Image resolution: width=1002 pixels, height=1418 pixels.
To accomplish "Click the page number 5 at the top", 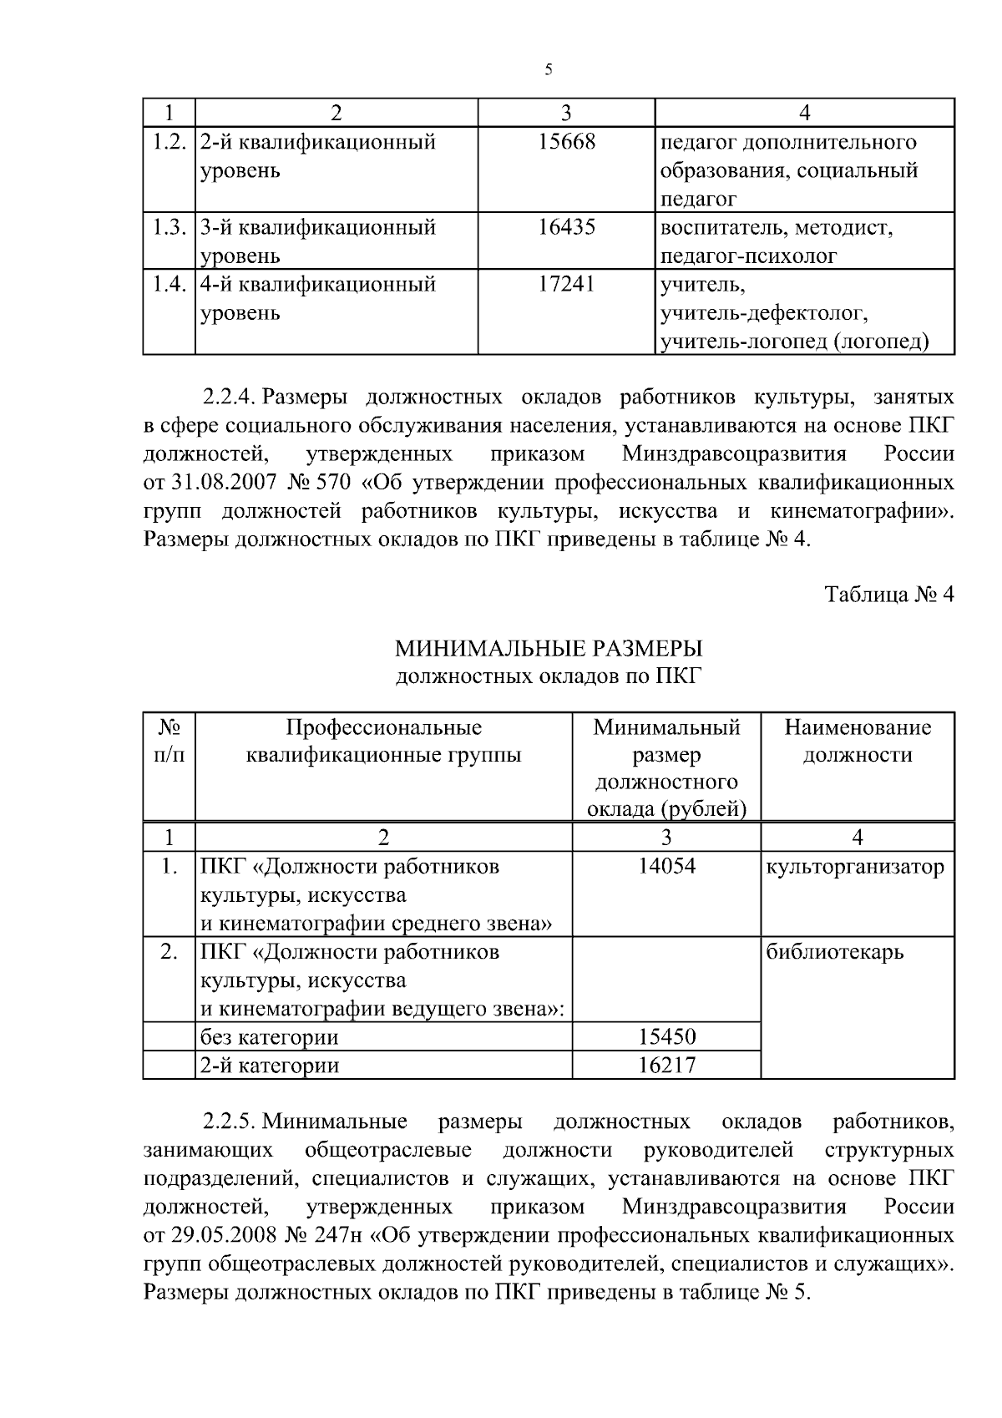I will (548, 70).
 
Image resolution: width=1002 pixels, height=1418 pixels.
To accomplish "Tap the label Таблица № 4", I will (888, 595).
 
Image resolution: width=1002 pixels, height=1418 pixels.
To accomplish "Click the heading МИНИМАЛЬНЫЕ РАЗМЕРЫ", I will (549, 648).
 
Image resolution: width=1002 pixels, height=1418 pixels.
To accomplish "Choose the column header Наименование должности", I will (858, 741).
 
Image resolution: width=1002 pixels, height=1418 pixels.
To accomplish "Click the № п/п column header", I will (169, 741).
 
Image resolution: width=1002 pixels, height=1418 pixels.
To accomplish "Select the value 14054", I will (666, 866).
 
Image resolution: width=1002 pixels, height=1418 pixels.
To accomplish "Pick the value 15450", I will (666, 1037).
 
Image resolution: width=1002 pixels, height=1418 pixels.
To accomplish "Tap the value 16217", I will (666, 1065).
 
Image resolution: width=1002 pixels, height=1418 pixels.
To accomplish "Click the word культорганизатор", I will (856, 867).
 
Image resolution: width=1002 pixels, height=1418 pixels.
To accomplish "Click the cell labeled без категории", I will (269, 1037).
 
